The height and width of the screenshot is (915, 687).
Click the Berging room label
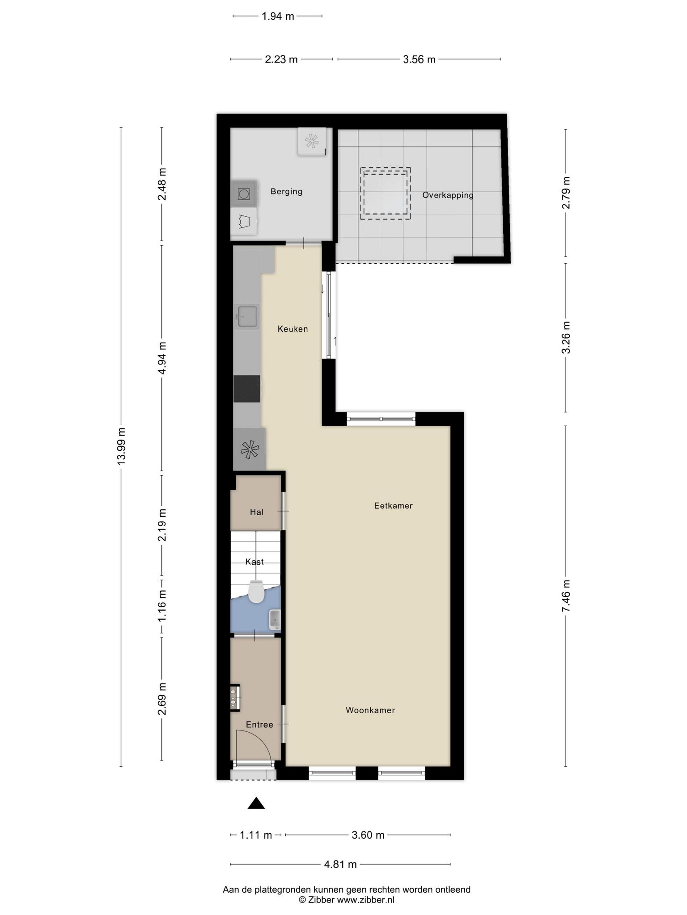(286, 192)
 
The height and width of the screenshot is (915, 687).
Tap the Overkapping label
(448, 195)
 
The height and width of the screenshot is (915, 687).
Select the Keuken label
(293, 329)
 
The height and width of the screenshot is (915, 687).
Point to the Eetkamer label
(393, 506)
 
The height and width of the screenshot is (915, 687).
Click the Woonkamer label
(370, 710)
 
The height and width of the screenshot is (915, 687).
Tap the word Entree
(259, 725)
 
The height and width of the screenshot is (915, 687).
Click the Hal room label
(257, 512)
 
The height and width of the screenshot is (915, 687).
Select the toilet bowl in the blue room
(256, 592)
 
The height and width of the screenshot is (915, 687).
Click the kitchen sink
(247, 316)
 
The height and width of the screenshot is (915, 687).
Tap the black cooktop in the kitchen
(247, 389)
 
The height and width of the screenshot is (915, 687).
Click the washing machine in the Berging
(244, 194)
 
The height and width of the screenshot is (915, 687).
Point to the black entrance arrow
(256, 803)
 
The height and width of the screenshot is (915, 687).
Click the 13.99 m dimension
(121, 447)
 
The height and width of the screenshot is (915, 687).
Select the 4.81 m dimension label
(340, 865)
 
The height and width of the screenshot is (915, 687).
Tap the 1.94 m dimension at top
(278, 17)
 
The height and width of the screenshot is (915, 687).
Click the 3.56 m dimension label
(419, 59)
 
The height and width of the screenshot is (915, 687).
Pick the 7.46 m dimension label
(566, 596)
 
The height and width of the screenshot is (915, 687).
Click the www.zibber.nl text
(365, 900)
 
